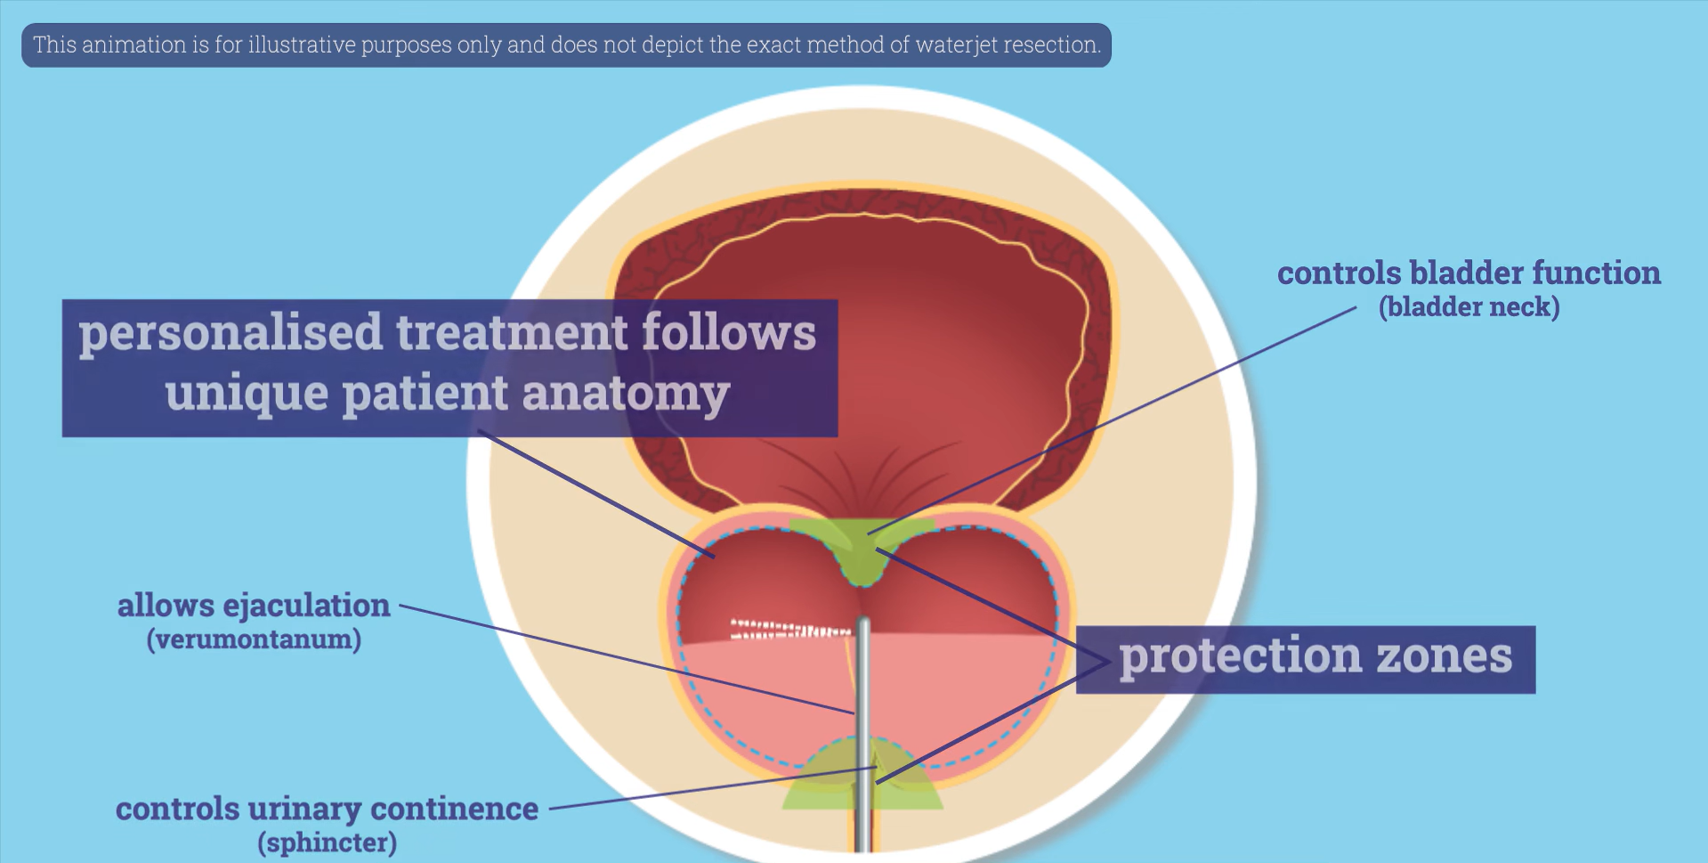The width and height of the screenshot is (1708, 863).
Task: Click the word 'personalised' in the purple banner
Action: tap(230, 334)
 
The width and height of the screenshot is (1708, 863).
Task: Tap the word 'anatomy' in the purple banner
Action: tap(626, 394)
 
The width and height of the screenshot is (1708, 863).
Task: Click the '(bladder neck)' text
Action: tap(1469, 307)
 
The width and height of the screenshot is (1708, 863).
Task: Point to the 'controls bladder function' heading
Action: tap(1469, 273)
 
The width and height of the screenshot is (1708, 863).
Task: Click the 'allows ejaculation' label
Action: tap(254, 606)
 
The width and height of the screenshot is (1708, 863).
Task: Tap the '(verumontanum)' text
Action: tap(254, 639)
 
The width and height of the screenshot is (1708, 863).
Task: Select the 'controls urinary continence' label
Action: tap(327, 809)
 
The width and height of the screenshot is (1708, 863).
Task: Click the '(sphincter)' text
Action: tap(327, 843)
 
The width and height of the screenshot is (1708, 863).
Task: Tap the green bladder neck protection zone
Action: tap(860, 552)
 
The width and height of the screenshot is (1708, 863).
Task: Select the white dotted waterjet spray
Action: tap(788, 630)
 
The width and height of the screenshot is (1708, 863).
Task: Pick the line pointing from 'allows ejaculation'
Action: tap(623, 659)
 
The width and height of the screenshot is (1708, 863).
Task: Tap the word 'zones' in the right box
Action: tap(1444, 657)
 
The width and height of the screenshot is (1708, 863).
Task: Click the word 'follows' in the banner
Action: tap(728, 334)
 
